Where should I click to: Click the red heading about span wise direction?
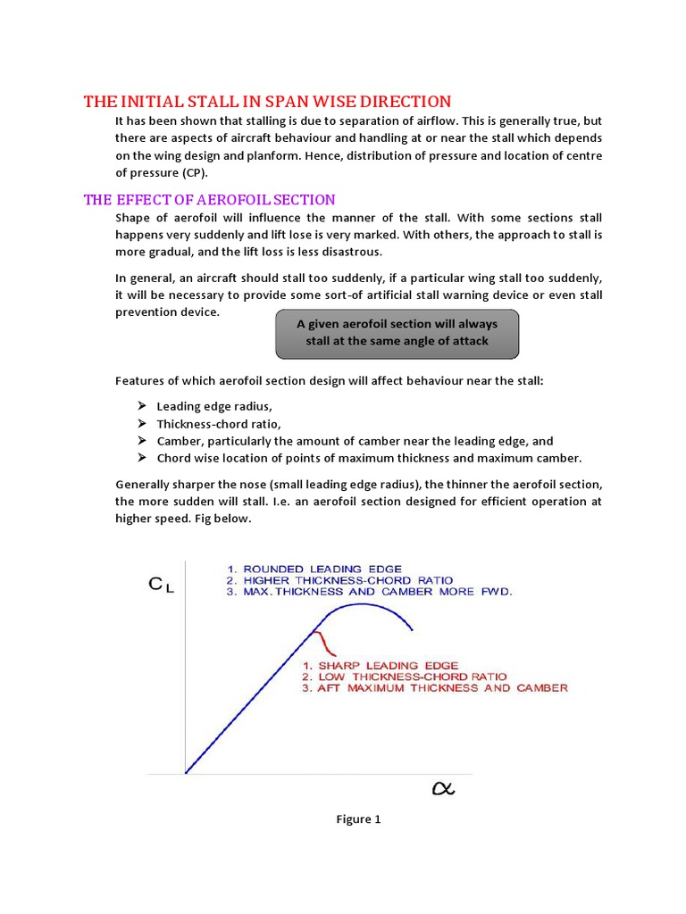(267, 101)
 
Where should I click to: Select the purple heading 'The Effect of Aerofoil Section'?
(209, 199)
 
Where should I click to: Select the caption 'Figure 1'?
(358, 819)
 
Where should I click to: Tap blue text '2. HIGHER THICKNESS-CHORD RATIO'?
(341, 580)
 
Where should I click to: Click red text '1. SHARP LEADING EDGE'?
(380, 665)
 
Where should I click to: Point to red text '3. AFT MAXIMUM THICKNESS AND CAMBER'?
(433, 688)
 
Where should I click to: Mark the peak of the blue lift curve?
(362, 604)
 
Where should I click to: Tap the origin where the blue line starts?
(185, 772)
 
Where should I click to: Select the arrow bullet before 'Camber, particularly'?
(143, 441)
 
